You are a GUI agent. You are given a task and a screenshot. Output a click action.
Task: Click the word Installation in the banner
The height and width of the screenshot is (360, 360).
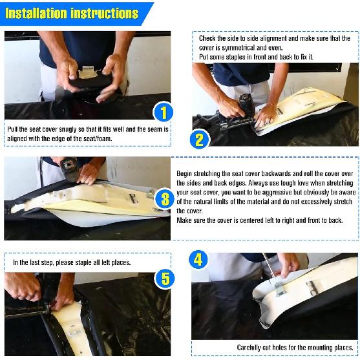[x=36, y=13]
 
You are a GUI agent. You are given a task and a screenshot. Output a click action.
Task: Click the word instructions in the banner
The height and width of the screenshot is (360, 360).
[x=105, y=13]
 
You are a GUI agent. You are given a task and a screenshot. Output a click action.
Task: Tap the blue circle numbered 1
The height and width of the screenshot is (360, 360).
[x=163, y=112]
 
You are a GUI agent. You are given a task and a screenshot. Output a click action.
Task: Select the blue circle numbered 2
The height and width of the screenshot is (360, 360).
[x=199, y=140]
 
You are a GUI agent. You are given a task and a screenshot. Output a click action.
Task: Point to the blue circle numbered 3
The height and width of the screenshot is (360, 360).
[x=165, y=199]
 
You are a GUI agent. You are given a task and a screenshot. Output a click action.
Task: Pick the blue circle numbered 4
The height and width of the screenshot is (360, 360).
[x=198, y=260]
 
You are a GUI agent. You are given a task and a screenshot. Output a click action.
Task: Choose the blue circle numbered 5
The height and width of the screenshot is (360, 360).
[x=165, y=279]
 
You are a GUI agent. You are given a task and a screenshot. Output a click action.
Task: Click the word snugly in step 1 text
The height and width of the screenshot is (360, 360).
[x=68, y=129]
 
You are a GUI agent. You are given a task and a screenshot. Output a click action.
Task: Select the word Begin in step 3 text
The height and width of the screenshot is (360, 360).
[x=184, y=174]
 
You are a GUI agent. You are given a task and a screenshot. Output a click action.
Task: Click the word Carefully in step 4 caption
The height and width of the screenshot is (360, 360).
[x=249, y=347]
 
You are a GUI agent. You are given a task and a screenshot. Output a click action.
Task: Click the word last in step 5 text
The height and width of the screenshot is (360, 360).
[x=35, y=262]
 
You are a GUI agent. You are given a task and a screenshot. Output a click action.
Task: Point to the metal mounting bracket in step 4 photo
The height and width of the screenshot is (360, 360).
[x=281, y=290]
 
